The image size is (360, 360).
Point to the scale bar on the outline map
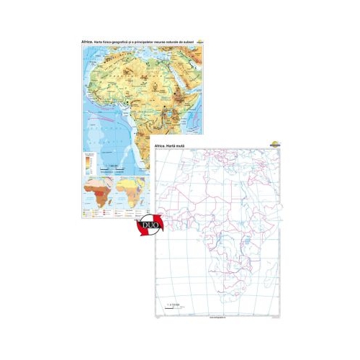173,308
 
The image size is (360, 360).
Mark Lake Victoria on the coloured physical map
171,114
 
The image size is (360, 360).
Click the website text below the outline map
217,315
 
